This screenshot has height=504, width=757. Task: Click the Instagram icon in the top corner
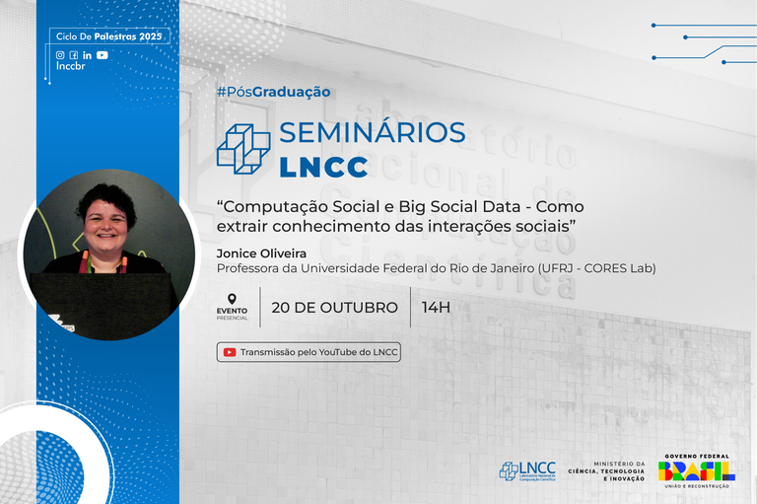click(x=60, y=55)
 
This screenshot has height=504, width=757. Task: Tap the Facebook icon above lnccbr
click(x=74, y=55)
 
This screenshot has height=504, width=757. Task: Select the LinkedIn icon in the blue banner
click(x=88, y=55)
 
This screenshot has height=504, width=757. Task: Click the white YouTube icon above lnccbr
click(x=103, y=55)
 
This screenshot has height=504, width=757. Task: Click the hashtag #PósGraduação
click(x=273, y=92)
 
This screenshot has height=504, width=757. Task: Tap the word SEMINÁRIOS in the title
click(x=373, y=133)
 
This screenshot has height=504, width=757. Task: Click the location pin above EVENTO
click(x=232, y=299)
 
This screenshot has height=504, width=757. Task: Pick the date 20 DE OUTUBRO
click(x=334, y=307)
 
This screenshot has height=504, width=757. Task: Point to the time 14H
click(x=436, y=307)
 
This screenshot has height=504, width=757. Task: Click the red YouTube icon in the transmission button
click(x=230, y=352)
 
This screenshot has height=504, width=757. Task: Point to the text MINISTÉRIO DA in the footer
click(x=619, y=464)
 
